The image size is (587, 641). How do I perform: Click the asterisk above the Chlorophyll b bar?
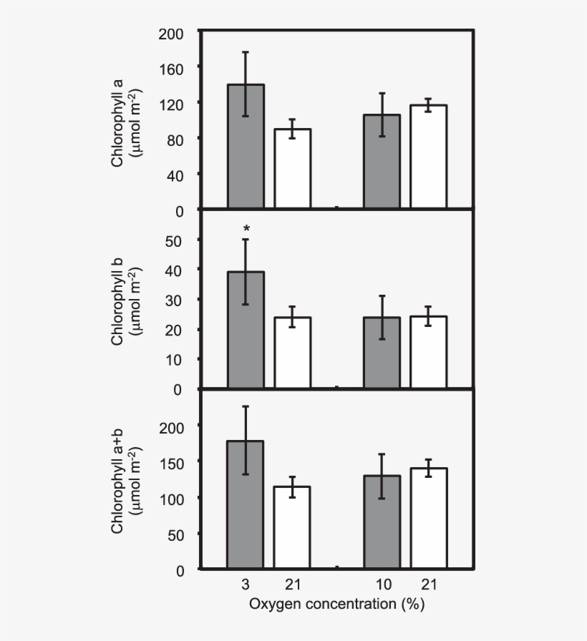pyautogui.click(x=246, y=229)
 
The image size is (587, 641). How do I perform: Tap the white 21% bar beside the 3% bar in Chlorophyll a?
pyautogui.click(x=292, y=170)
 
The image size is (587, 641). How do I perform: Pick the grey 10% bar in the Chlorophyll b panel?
pyautogui.click(x=382, y=353)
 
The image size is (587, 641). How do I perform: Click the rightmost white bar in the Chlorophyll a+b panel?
pyautogui.click(x=428, y=519)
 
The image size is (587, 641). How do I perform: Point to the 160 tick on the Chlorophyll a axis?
pyautogui.click(x=176, y=68)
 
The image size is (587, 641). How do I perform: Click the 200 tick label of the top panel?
pyautogui.click(x=176, y=33)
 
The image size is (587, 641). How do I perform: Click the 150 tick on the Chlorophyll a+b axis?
pyautogui.click(x=176, y=462)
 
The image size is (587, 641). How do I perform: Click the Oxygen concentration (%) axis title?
pyautogui.click(x=336, y=605)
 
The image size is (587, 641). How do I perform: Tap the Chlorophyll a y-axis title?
pyautogui.click(x=126, y=122)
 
